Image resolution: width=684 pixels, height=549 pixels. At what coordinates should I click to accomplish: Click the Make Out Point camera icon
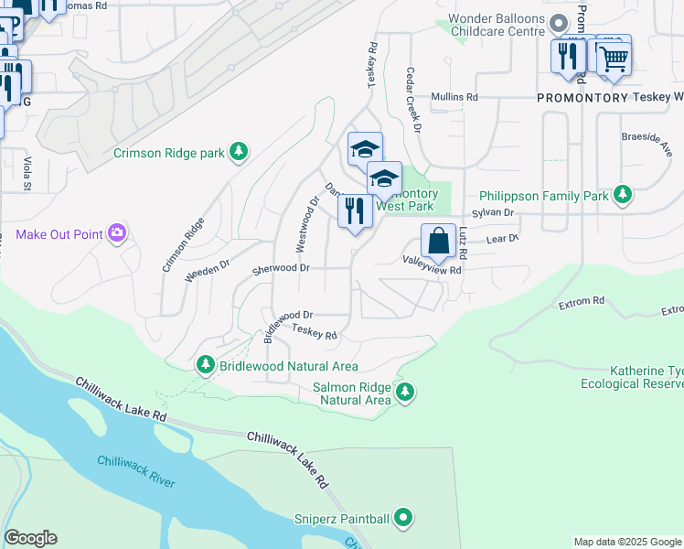point(116,234)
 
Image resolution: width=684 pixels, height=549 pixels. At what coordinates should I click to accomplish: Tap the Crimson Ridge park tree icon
point(239,151)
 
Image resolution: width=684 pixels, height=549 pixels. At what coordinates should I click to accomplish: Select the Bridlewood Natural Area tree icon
point(206,365)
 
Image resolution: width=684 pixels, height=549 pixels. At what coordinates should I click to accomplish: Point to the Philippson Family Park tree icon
point(623,194)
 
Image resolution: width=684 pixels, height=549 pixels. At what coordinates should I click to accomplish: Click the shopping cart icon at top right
point(614,58)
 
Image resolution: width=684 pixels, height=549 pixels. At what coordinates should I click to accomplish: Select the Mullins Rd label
point(454,97)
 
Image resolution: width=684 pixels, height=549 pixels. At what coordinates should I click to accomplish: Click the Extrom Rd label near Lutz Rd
point(584,301)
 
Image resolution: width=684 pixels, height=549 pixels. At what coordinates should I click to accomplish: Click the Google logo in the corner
point(30,538)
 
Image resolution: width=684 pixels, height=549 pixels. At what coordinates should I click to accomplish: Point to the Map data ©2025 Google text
point(626,542)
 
